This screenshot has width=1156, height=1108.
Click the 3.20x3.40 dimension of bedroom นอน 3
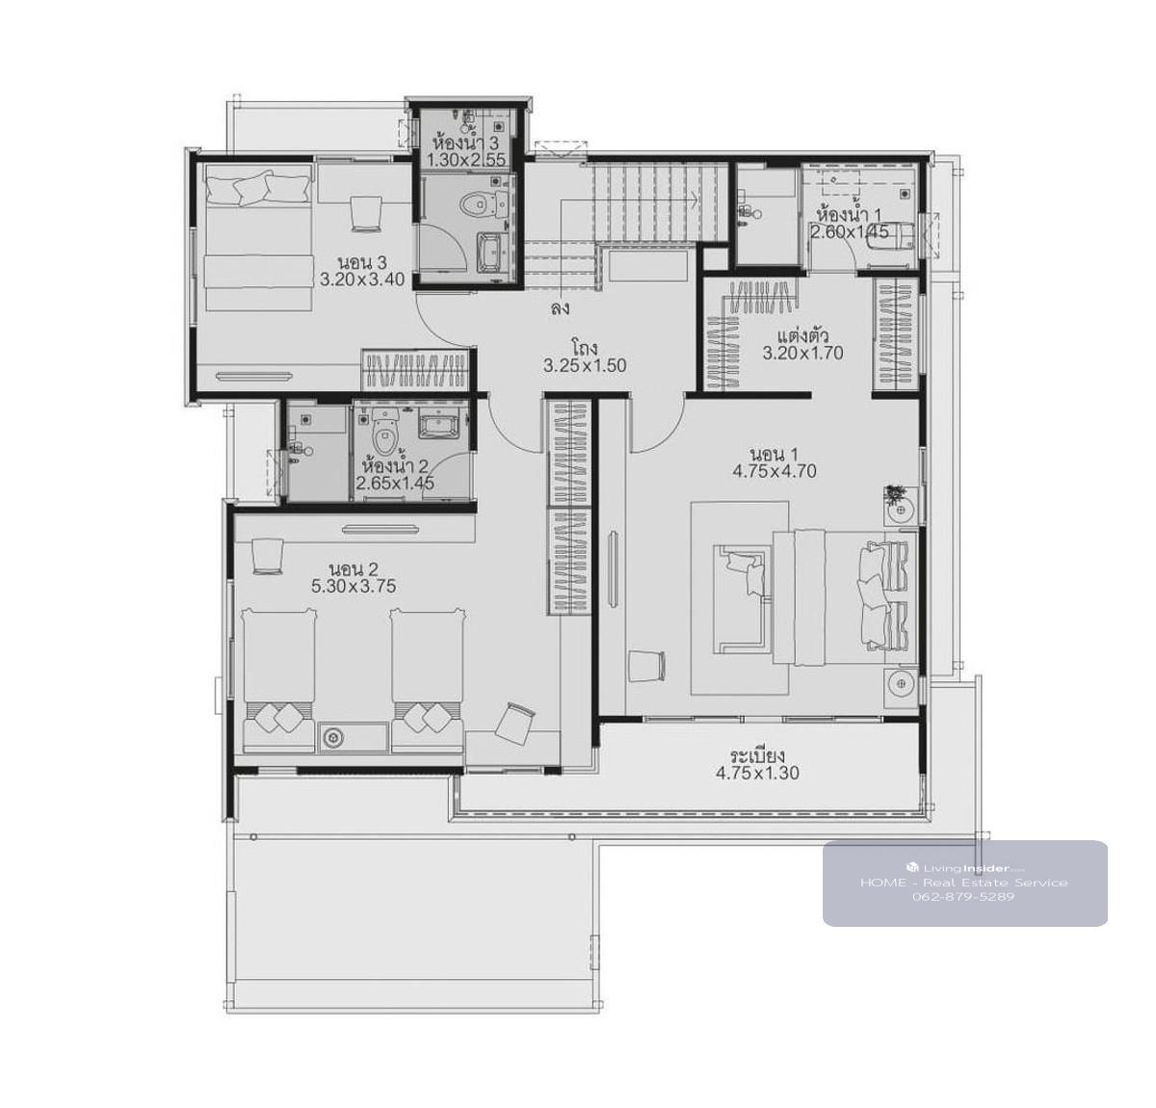pos(362,279)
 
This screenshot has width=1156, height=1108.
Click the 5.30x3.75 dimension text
pos(354,587)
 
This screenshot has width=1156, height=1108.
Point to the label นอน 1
pos(774,455)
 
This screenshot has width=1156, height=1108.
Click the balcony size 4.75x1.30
pos(757,773)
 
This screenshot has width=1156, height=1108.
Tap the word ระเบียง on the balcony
pos(757,755)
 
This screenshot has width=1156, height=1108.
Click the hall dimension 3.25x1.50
pos(585,365)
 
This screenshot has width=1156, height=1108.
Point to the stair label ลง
pos(560,308)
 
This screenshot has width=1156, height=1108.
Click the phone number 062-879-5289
pos(963,896)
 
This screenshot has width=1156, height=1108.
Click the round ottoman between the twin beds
pos(334,738)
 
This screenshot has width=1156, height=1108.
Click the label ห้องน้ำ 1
pos(850,212)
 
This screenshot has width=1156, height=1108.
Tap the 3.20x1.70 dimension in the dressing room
pos(802,353)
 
